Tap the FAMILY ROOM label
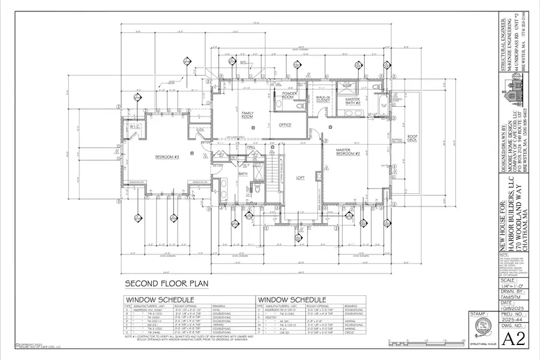247,115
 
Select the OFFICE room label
284,125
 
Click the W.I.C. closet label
134,127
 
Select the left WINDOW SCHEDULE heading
159,299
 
